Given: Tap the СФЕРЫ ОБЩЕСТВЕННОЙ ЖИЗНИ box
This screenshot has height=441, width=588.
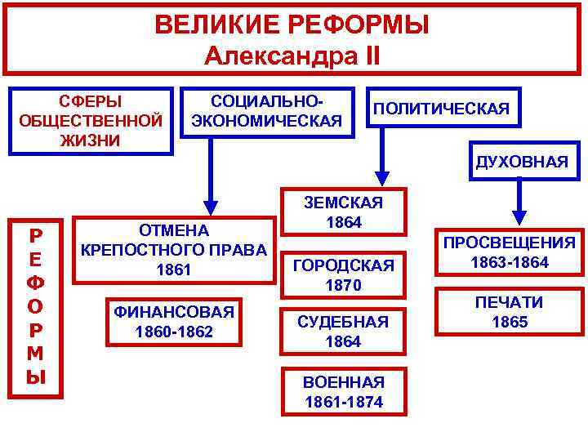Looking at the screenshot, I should coord(91,121).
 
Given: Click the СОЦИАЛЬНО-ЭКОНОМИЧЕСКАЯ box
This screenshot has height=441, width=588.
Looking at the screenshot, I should coord(266,112).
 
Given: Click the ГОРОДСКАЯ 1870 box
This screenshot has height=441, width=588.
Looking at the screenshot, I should coord(343,275).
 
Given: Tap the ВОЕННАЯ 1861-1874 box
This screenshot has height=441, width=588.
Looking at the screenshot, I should coord(343,392).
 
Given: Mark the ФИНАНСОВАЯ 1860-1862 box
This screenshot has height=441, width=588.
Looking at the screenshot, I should coord(175,321).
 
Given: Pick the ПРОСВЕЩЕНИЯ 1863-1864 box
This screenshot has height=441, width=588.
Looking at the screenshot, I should coord(510,252).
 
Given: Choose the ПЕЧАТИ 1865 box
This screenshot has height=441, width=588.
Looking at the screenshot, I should coord(510,312).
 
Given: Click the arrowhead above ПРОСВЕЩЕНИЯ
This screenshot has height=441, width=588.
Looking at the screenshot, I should coord(518,214).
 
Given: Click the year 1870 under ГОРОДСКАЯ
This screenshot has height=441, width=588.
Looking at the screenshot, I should coord(343,285).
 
